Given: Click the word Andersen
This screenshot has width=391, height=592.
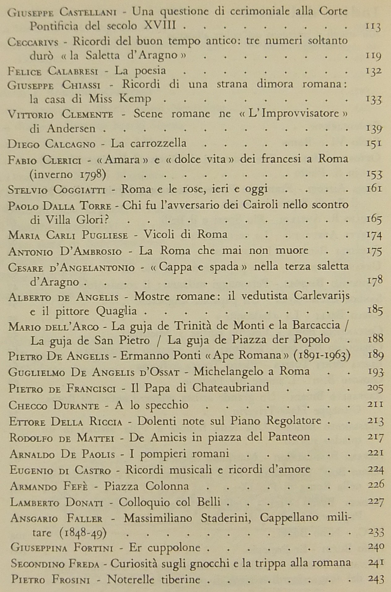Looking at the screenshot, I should (x=71, y=129).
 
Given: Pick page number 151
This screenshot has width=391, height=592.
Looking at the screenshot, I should (x=374, y=143).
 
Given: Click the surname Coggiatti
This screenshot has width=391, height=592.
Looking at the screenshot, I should (x=80, y=189).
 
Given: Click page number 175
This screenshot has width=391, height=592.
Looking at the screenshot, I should (x=374, y=250).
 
